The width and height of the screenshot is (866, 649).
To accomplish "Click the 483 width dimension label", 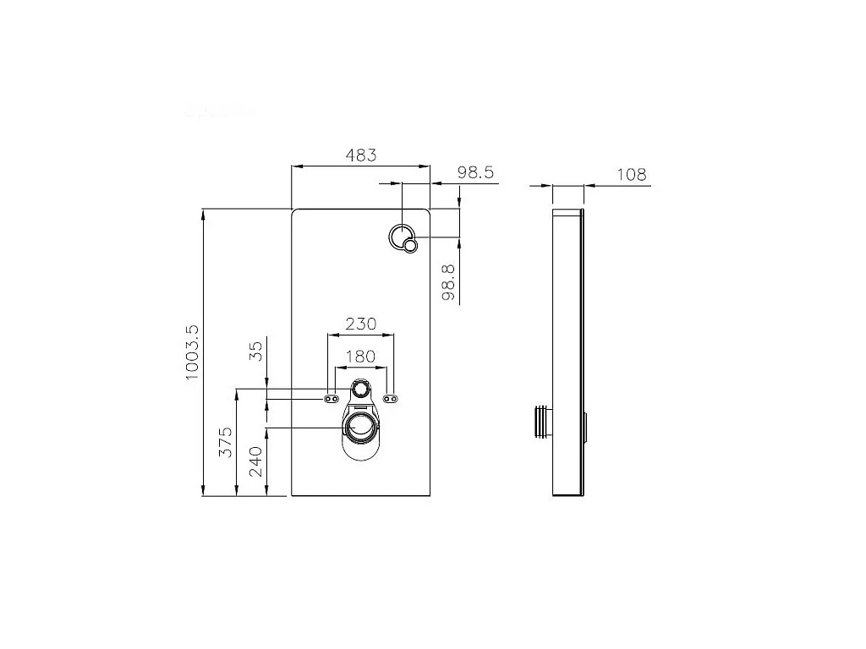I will [361, 155].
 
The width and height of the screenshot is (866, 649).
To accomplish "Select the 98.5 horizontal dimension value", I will [474, 172].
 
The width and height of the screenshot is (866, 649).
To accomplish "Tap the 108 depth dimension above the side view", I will [631, 174].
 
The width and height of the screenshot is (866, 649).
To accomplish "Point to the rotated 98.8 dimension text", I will [449, 281].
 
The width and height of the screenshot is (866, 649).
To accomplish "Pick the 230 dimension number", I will [360, 324].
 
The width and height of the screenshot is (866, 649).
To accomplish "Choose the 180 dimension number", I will [360, 357].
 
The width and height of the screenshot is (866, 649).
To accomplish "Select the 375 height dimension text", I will [226, 443].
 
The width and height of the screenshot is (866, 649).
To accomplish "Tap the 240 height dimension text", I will [256, 461].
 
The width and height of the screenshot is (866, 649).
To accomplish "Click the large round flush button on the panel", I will [401, 237].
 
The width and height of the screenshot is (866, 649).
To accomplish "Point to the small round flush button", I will [411, 246].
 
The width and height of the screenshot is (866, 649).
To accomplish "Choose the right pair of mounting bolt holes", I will [392, 398].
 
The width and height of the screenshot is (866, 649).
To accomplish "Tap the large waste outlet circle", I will [361, 427].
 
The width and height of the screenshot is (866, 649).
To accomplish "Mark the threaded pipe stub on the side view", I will [541, 422].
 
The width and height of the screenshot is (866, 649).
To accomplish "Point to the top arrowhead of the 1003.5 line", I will [204, 213].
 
